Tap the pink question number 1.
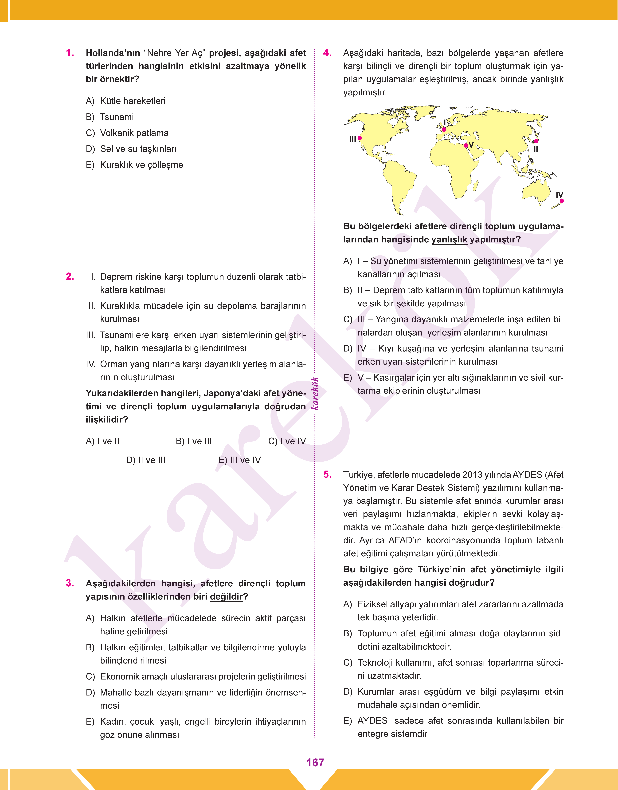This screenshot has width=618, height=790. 70,53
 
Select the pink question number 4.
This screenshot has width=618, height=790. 327,53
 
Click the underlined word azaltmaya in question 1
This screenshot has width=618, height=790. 247,66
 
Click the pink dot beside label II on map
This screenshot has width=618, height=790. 536,141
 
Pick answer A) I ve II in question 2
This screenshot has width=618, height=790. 102,441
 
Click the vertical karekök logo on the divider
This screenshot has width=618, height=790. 315,393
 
